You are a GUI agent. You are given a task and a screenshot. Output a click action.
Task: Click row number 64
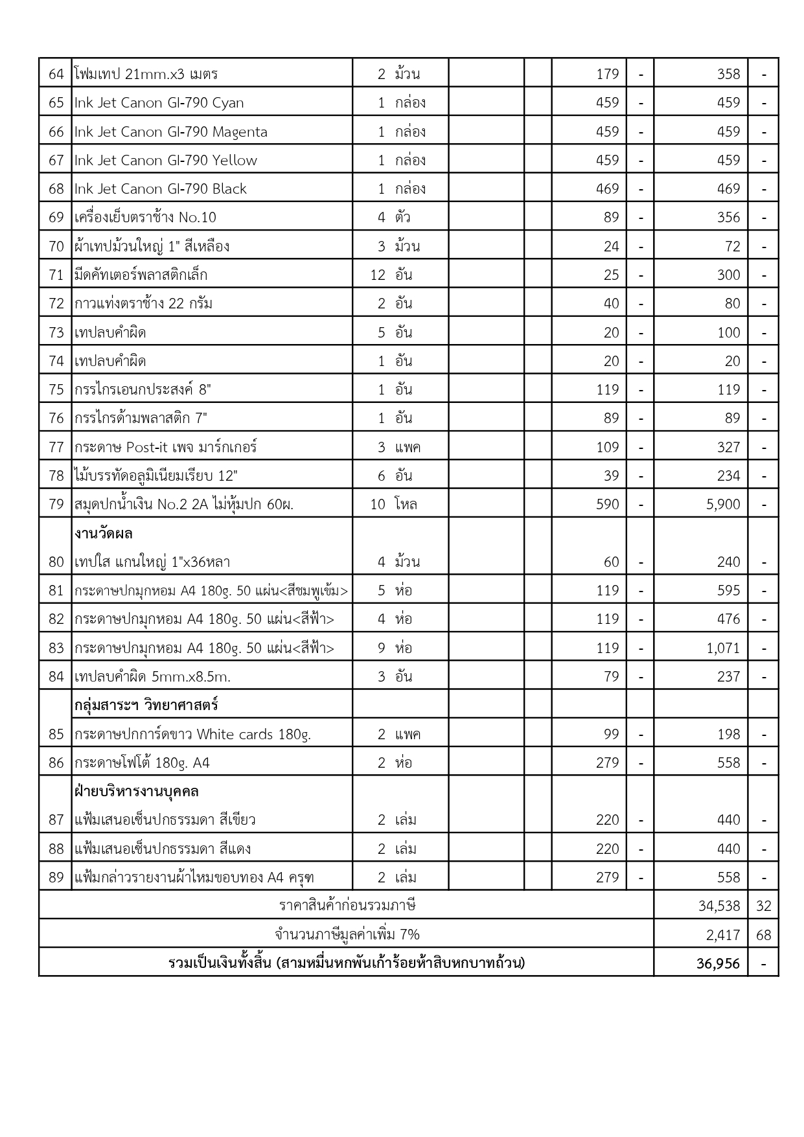tap(56, 74)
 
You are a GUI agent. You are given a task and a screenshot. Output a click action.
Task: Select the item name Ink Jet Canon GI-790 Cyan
tap(159, 103)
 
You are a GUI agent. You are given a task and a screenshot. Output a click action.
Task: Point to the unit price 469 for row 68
tap(607, 189)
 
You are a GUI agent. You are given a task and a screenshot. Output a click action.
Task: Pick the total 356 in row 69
tap(728, 218)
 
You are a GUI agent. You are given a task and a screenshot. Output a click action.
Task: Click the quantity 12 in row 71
tap(378, 275)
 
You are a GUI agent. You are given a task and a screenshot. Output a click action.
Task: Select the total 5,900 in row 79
tap(723, 505)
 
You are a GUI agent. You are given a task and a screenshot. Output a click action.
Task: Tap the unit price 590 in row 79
tap(607, 505)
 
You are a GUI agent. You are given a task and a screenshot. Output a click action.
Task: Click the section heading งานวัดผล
tap(104, 534)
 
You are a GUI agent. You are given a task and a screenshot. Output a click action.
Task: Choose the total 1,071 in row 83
tap(723, 649)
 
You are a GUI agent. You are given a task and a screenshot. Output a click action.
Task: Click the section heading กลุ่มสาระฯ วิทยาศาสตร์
tap(146, 705)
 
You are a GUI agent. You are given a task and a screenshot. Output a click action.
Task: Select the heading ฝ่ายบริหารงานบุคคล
tap(137, 792)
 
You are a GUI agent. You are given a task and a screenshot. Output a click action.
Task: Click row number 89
tap(56, 878)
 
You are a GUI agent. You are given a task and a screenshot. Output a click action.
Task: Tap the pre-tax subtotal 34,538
tap(719, 906)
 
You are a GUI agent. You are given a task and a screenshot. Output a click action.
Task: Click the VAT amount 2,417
tap(723, 935)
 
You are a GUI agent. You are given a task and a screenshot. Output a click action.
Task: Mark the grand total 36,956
tap(718, 964)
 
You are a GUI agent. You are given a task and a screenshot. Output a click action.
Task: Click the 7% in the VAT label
tap(409, 935)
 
